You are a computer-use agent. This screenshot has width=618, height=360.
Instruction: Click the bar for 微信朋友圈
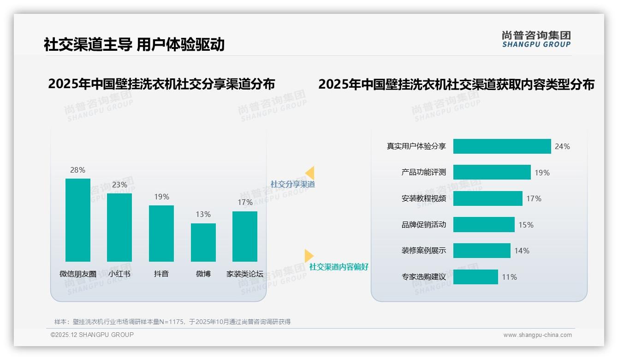78,220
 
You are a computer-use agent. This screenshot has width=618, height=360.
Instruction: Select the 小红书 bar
119,228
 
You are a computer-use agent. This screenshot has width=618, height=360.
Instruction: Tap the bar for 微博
203,242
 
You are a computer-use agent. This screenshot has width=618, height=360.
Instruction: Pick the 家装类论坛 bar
245,236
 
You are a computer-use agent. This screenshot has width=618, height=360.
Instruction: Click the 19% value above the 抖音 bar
161,197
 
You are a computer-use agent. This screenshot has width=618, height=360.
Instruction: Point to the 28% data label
77,170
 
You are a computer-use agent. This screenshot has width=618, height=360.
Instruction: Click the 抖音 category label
161,274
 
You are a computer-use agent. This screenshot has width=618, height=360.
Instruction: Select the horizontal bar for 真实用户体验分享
502,146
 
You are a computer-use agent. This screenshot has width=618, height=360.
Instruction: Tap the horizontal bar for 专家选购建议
475,277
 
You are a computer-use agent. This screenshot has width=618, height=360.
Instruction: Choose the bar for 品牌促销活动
484,225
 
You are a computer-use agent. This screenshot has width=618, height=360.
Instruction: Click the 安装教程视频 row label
423,198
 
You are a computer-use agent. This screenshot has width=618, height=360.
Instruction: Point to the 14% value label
522,251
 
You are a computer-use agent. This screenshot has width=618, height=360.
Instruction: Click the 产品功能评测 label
423,173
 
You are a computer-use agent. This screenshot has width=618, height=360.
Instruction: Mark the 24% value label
562,146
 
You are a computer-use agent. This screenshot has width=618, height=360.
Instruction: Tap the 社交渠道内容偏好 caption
339,267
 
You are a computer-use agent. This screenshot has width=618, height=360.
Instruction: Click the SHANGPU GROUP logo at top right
536,39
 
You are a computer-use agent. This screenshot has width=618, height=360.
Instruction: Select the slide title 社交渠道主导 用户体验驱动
134,44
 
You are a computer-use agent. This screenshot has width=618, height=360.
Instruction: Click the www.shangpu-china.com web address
537,335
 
